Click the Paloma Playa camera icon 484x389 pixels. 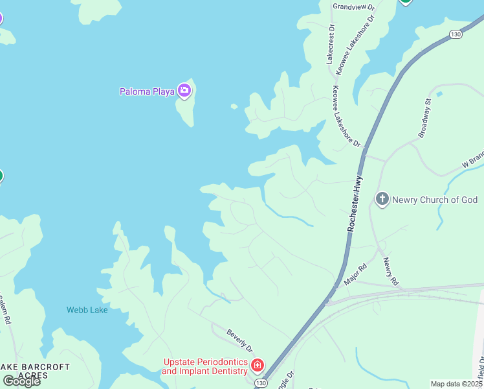tap(184, 91)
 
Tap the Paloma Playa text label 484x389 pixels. tap(147, 91)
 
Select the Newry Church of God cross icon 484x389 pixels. tap(382, 199)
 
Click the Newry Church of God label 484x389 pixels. tap(435, 200)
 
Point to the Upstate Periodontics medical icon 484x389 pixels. tap(258, 366)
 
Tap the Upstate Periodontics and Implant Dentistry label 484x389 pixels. tap(205, 366)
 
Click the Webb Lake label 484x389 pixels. tap(87, 310)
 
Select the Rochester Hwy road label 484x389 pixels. tap(355, 204)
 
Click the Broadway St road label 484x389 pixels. tap(424, 118)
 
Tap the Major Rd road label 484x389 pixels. tap(355, 275)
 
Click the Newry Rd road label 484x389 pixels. tap(389, 272)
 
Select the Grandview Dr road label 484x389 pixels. tap(353, 6)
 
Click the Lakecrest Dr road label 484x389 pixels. tap(331, 43)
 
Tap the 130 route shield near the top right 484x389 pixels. tap(456, 34)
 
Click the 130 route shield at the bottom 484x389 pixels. tap(260, 384)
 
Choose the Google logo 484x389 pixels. tap(21, 381)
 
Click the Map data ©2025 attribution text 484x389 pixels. tap(457, 384)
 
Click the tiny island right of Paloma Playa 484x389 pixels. tap(234, 106)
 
